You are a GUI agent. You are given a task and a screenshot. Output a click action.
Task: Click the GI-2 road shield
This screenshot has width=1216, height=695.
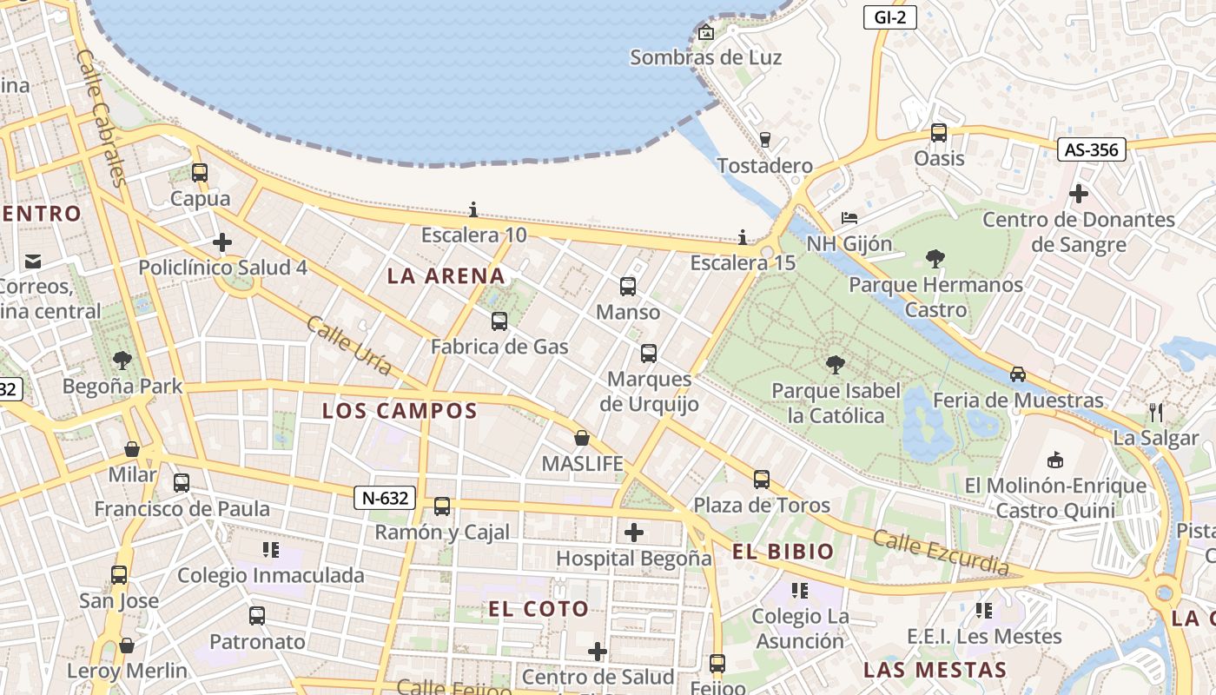[x=890, y=17]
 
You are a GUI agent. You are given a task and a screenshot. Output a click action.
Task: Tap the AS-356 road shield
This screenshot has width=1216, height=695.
[x=1091, y=149]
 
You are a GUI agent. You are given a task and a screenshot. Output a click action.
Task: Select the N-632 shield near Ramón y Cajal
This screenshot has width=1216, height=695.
[x=385, y=498]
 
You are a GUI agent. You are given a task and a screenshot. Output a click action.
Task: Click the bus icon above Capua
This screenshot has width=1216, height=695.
[x=200, y=172]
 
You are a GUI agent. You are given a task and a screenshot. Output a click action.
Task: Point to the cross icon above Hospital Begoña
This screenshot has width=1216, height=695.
[x=634, y=532]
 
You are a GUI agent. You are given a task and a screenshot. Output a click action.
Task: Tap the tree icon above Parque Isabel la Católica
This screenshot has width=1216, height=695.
[x=835, y=364]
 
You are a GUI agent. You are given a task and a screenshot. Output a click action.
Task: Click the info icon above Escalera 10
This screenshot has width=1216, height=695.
[x=473, y=209]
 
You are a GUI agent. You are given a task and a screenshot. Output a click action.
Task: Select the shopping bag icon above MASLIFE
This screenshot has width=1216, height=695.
[x=582, y=438]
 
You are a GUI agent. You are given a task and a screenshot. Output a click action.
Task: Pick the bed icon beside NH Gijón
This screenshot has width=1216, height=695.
[x=849, y=217]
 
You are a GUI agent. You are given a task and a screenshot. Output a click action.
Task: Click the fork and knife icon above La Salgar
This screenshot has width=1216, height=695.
[x=1155, y=412]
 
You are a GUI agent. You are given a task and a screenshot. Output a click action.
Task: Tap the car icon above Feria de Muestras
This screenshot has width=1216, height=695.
[x=1017, y=374]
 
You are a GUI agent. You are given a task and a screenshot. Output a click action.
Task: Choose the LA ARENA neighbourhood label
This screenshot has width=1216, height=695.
[x=446, y=276]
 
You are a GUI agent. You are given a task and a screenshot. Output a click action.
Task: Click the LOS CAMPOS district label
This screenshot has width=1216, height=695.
[x=400, y=411]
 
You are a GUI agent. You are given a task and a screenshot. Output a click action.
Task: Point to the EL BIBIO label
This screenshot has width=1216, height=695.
[x=783, y=552]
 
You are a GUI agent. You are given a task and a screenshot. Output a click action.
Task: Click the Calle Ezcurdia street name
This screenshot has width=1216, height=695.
[x=941, y=553]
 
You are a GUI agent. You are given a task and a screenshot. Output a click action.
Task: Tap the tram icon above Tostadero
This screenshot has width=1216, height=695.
[x=764, y=139]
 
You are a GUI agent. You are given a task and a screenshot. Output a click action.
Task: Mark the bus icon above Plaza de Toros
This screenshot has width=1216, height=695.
[x=761, y=479]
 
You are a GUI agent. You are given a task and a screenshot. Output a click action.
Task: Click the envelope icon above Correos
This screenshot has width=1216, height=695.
[x=33, y=261]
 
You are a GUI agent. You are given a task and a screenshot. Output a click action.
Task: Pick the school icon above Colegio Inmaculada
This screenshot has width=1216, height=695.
[x=270, y=549]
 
